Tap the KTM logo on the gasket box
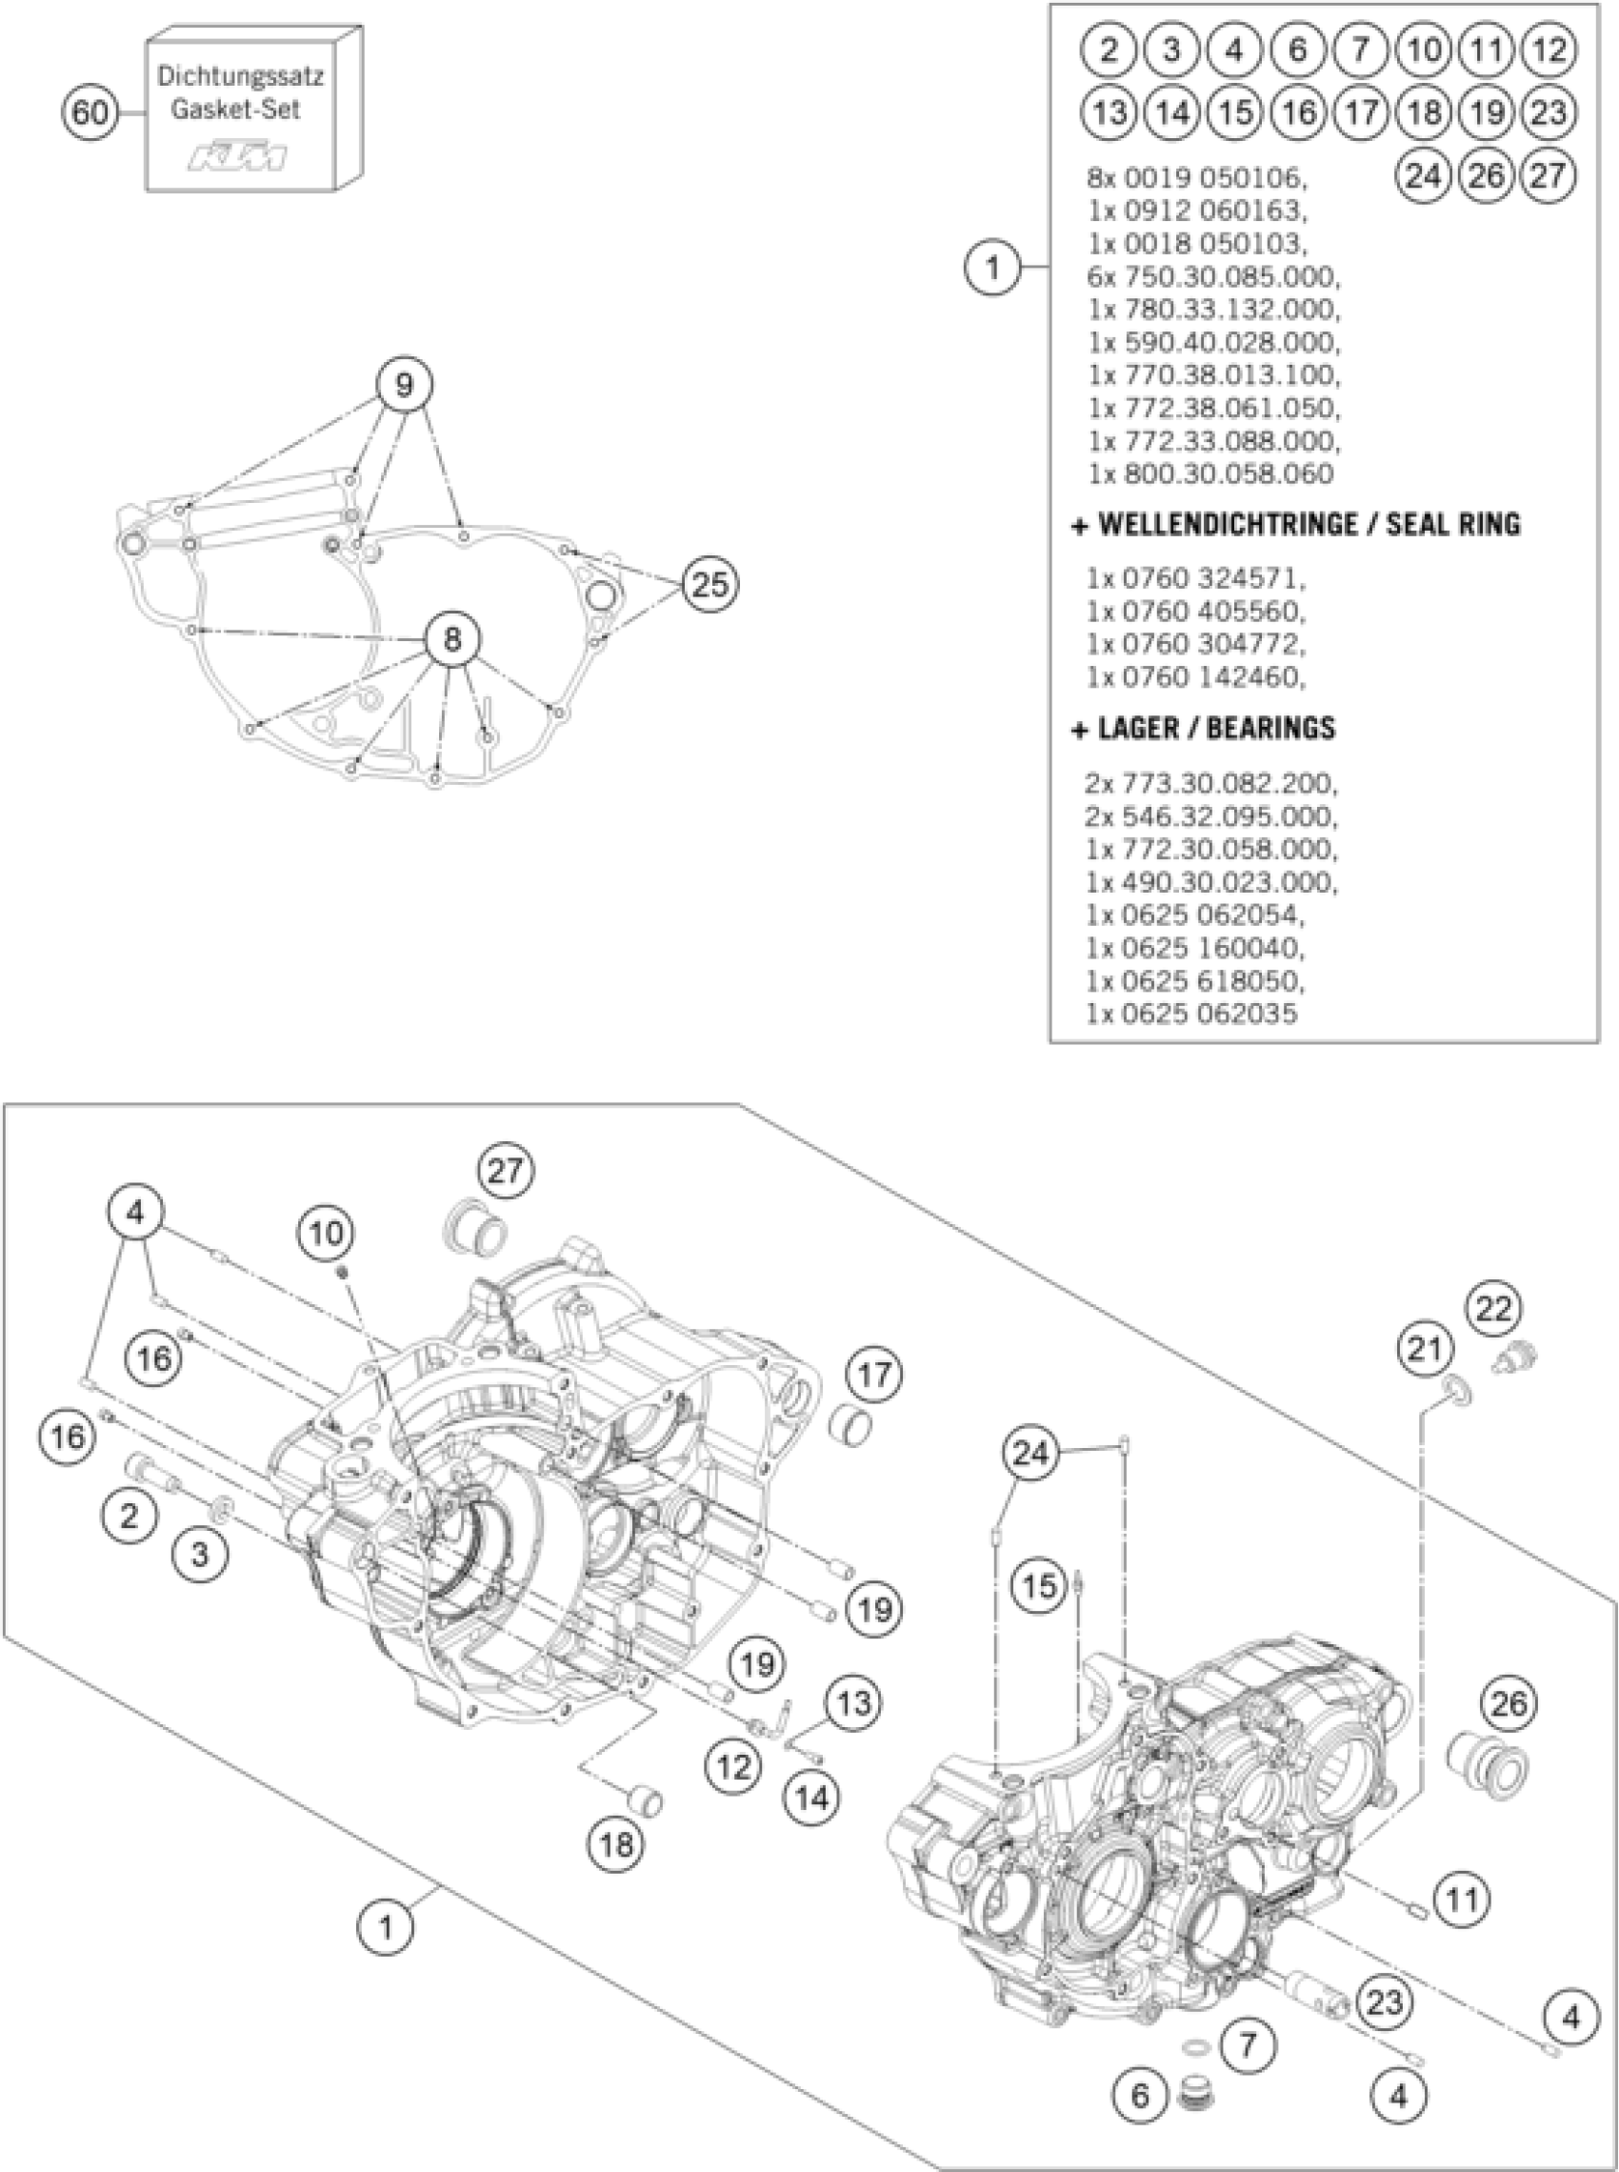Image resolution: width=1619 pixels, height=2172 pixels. pyautogui.click(x=238, y=156)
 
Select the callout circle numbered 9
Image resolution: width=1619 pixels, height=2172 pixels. pyautogui.click(x=404, y=384)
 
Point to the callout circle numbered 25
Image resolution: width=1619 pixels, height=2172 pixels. pyautogui.click(x=710, y=585)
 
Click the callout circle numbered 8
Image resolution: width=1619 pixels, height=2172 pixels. pyautogui.click(x=451, y=640)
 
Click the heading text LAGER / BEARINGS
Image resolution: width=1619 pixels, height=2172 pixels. pyautogui.click(x=1215, y=728)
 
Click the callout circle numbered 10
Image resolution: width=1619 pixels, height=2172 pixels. pyautogui.click(x=328, y=1232)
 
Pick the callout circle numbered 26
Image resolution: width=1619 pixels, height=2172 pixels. pyautogui.click(x=1509, y=1704)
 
